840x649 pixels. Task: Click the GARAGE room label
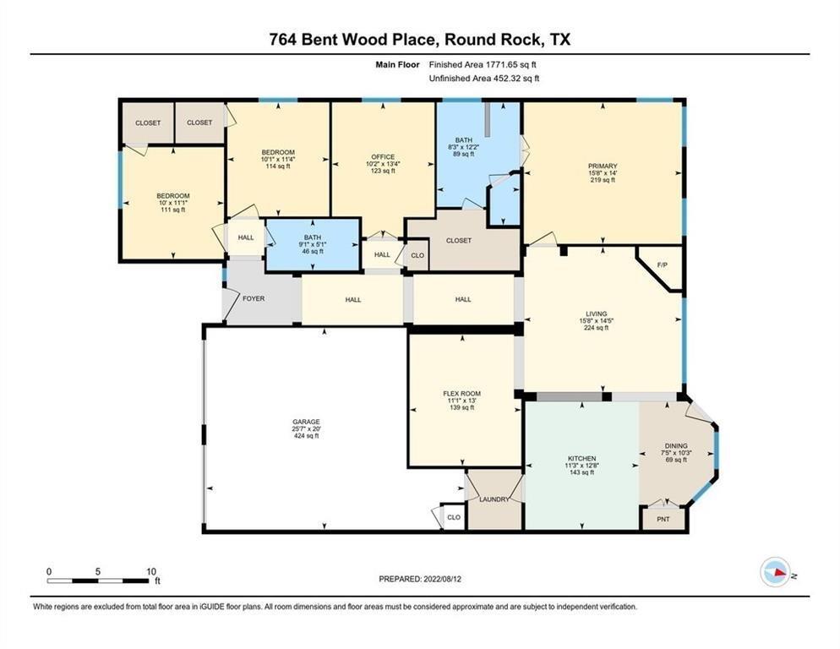[x=306, y=422]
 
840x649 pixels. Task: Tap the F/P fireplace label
[x=662, y=265]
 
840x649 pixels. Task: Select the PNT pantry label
[x=664, y=518]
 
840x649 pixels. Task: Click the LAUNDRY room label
[x=494, y=499]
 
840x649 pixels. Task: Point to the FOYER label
[x=254, y=298]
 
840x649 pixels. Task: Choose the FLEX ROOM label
[x=461, y=394]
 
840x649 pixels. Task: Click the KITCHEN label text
[x=581, y=455]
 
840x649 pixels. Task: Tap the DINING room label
[x=676, y=445]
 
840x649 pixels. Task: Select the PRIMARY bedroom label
[x=603, y=166]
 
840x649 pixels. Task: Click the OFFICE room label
[x=383, y=156]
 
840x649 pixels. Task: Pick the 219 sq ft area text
[x=603, y=181]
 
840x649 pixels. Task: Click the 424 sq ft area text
[x=306, y=436]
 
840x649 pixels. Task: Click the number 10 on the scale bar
[x=150, y=572]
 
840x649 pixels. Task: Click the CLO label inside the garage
[x=454, y=517]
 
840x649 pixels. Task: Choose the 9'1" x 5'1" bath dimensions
[x=313, y=245]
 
